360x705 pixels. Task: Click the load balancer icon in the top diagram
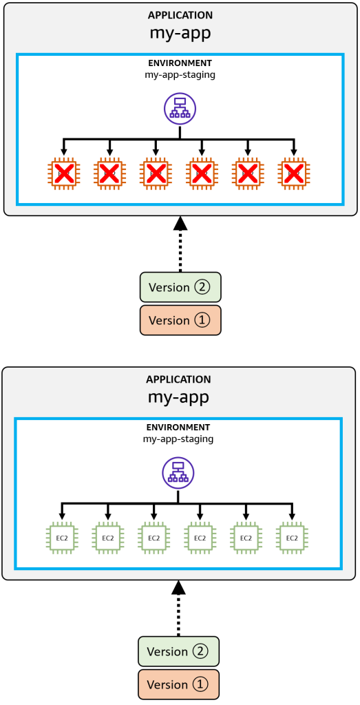pos(180,107)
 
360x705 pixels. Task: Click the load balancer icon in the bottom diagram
pos(178,472)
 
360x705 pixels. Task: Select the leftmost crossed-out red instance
pos(64,173)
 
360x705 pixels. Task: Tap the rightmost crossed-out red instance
pos(295,173)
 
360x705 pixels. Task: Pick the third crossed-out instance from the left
pos(156,173)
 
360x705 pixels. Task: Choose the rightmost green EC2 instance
pos(293,538)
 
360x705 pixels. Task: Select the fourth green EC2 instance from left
pos(200,538)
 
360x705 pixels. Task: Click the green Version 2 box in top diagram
pos(180,287)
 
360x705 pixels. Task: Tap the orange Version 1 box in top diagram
pos(180,320)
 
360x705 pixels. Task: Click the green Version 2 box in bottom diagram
pos(178,651)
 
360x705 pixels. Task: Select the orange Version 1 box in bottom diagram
pos(178,684)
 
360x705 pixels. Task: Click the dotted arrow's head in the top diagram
pos(180,223)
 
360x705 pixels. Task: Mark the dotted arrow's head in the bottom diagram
pos(178,587)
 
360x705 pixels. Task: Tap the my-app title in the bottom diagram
pos(178,397)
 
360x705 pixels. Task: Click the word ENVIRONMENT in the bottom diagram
pos(178,427)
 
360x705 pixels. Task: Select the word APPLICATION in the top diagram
pos(180,15)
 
